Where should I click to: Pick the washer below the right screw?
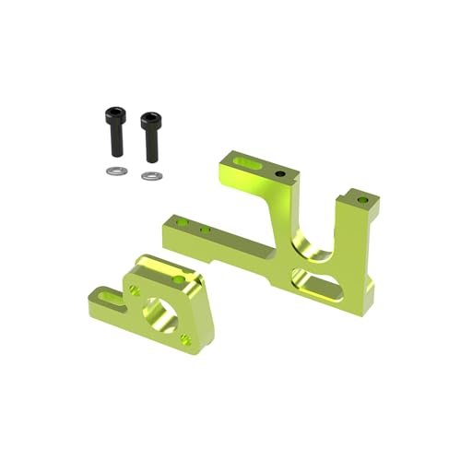tap(149, 175)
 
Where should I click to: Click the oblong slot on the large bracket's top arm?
tap(245, 163)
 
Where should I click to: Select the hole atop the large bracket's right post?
tap(361, 195)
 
